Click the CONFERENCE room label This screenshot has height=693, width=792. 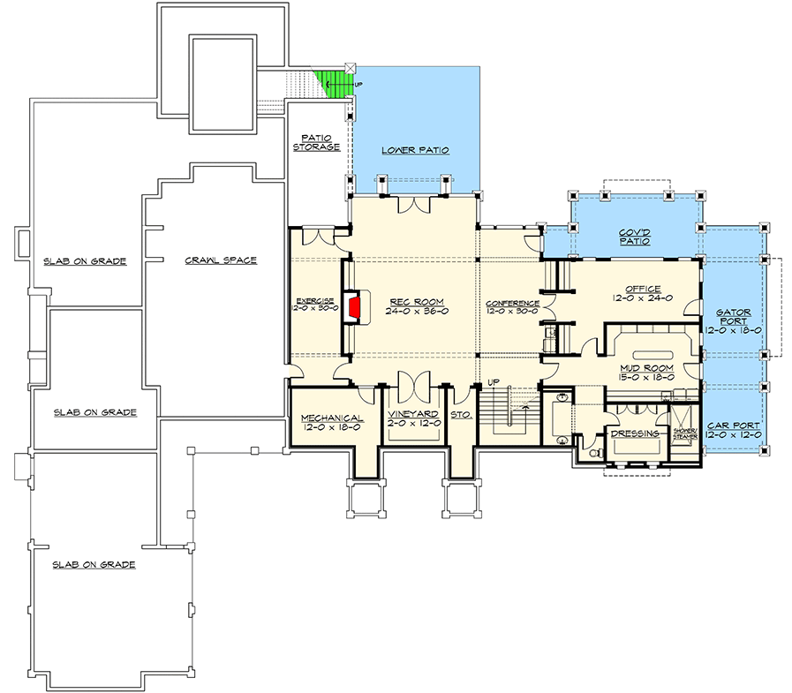point(513,303)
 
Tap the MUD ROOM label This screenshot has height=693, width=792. point(647,366)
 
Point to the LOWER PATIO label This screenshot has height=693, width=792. point(416,150)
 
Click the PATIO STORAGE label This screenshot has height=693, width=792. point(317,141)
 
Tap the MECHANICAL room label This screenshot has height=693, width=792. point(332,418)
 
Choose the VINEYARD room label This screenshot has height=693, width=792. point(413,413)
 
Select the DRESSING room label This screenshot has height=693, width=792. point(634,433)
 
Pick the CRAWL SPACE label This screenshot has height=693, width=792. point(221,260)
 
